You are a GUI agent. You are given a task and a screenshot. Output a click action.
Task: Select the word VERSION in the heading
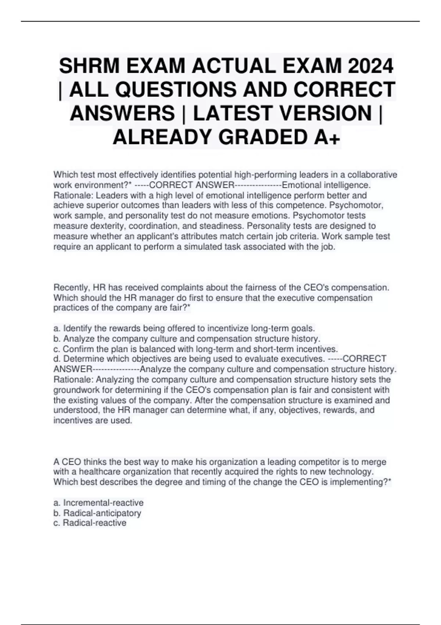tap(325, 113)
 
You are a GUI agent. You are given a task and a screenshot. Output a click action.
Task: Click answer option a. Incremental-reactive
tap(98, 503)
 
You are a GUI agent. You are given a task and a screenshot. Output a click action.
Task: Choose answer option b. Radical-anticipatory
tap(97, 513)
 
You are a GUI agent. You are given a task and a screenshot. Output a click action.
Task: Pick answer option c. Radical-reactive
tap(90, 523)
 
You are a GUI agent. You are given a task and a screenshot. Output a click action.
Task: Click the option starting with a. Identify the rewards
tap(184, 328)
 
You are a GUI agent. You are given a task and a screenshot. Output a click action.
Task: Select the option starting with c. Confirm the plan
tap(196, 349)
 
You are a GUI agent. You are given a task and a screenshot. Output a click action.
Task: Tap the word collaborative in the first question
tap(372, 174)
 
